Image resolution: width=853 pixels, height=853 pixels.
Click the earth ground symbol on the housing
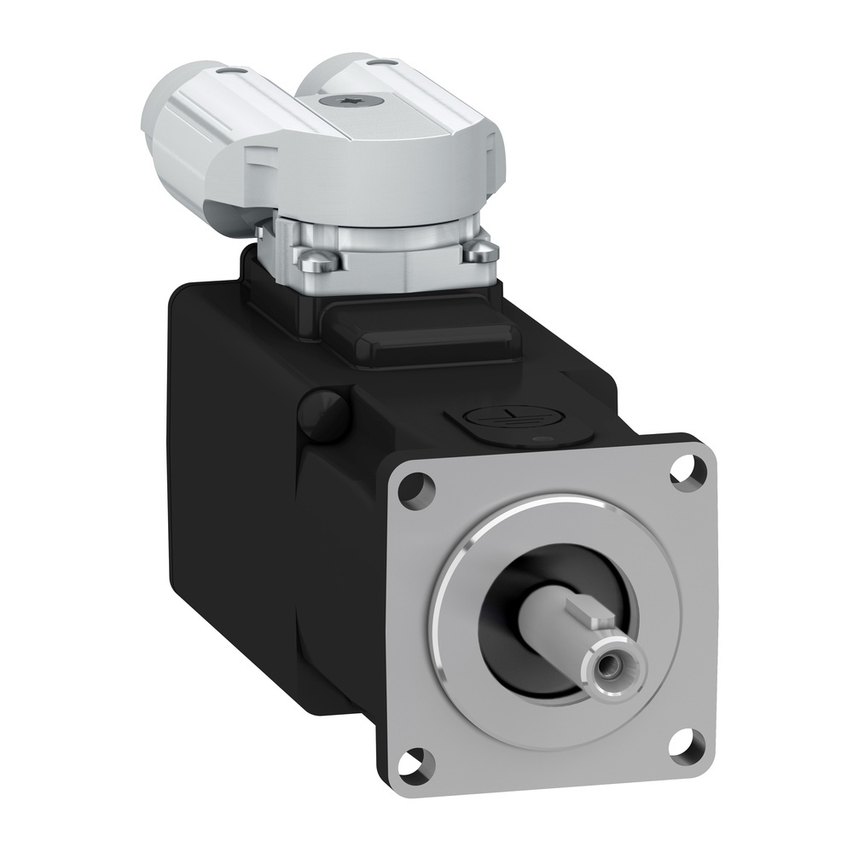[484, 417]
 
